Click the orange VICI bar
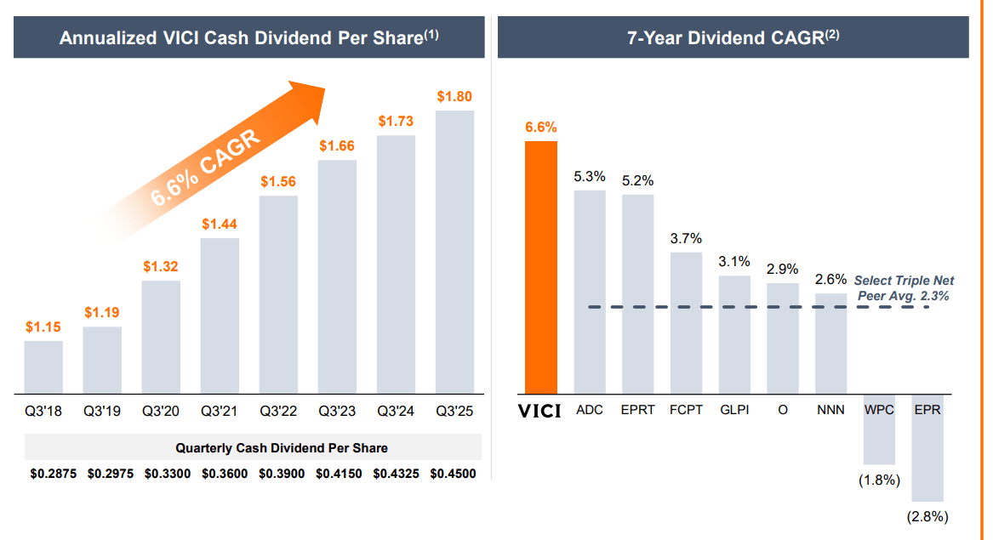540,267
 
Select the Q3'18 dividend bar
43,367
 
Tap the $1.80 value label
454,97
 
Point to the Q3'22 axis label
278,412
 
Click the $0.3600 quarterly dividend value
225,474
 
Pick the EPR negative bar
927,448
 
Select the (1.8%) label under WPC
879,480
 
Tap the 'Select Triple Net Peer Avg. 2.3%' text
903,288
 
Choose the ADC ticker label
589,410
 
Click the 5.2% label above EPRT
637,180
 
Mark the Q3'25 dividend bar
454,252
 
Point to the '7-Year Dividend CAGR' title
733,37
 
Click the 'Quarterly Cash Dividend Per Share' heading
282,447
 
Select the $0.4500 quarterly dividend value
454,474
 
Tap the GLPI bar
734,334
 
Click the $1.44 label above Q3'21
220,225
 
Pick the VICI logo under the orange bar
540,411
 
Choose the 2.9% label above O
782,269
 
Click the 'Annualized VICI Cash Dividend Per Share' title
248,37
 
